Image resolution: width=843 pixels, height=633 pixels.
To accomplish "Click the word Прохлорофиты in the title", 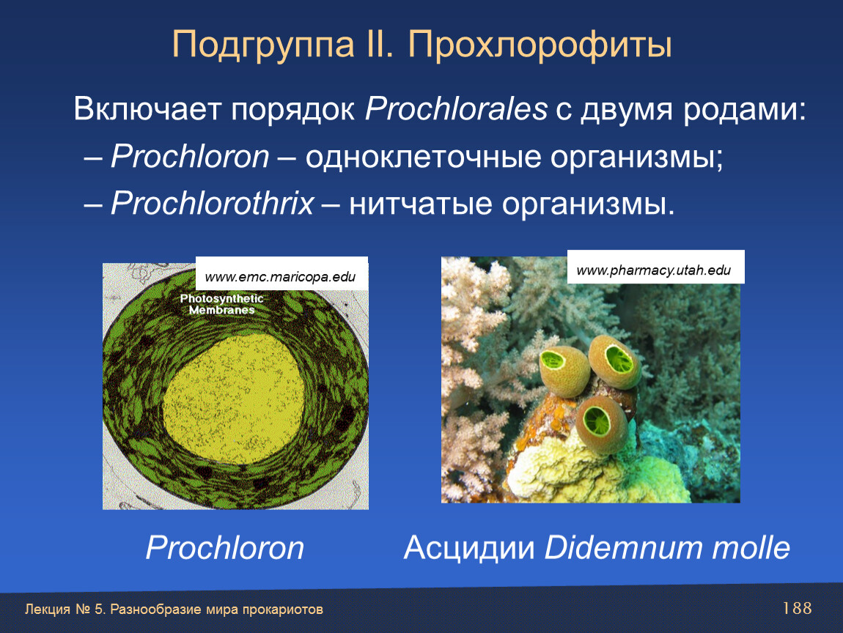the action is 540,45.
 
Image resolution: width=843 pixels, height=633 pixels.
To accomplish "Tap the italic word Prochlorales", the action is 456,109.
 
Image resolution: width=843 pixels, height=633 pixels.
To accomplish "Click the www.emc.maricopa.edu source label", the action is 281,277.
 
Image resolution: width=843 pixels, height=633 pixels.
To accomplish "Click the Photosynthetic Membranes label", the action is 221,304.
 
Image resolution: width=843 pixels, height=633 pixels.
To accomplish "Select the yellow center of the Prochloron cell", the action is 234,399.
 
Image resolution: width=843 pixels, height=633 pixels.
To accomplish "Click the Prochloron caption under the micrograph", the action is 225,547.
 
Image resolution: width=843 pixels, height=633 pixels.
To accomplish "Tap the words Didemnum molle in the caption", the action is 667,547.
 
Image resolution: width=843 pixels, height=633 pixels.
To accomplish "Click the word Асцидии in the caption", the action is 469,548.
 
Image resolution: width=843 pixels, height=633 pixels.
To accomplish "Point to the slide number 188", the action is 798,608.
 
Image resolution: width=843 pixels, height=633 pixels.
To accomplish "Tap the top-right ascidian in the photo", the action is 615,362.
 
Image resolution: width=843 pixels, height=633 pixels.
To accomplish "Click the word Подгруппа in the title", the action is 263,45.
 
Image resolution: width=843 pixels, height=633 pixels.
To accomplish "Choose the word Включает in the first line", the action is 147,110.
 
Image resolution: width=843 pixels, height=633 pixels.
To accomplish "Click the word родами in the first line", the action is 746,111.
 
